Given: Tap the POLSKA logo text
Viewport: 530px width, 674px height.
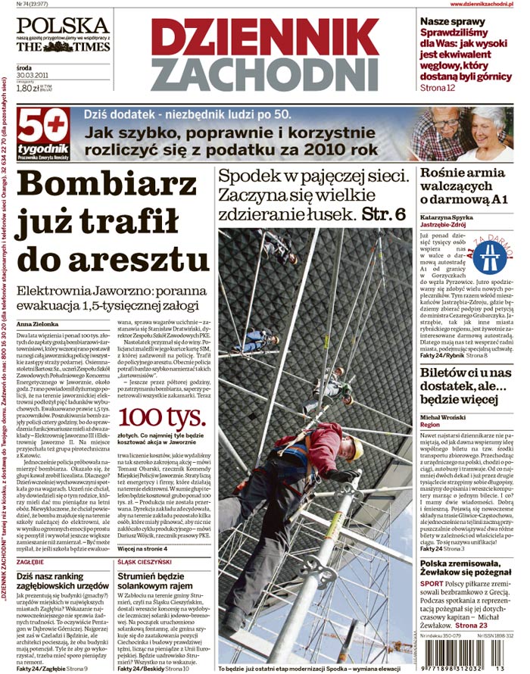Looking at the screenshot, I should click(x=63, y=24).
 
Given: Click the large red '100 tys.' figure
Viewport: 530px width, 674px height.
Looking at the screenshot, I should click(x=161, y=417).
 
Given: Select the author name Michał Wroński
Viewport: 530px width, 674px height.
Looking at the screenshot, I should click(x=443, y=417).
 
